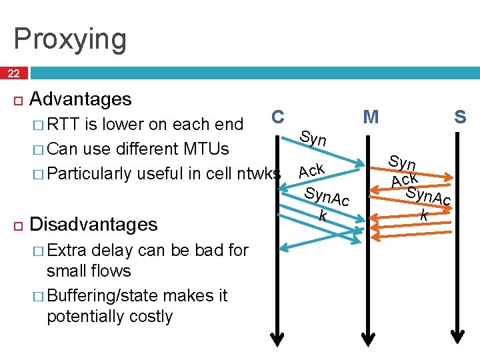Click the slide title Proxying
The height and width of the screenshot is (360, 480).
tap(69, 39)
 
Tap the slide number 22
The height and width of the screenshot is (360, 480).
tap(14, 73)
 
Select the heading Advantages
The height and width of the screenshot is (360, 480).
tap(81, 99)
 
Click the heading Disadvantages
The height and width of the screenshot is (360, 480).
tap(94, 223)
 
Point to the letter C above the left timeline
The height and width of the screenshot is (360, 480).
tap(279, 116)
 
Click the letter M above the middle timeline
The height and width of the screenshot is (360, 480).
tap(371, 117)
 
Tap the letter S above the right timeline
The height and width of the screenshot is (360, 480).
tap(460, 117)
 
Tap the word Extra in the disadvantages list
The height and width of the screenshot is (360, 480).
tap(67, 250)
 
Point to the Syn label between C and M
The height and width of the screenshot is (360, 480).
tap(313, 139)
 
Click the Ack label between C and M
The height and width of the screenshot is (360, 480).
tap(311, 171)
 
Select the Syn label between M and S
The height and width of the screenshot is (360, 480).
tap(403, 162)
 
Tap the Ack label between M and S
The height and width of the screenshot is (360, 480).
tap(404, 179)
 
